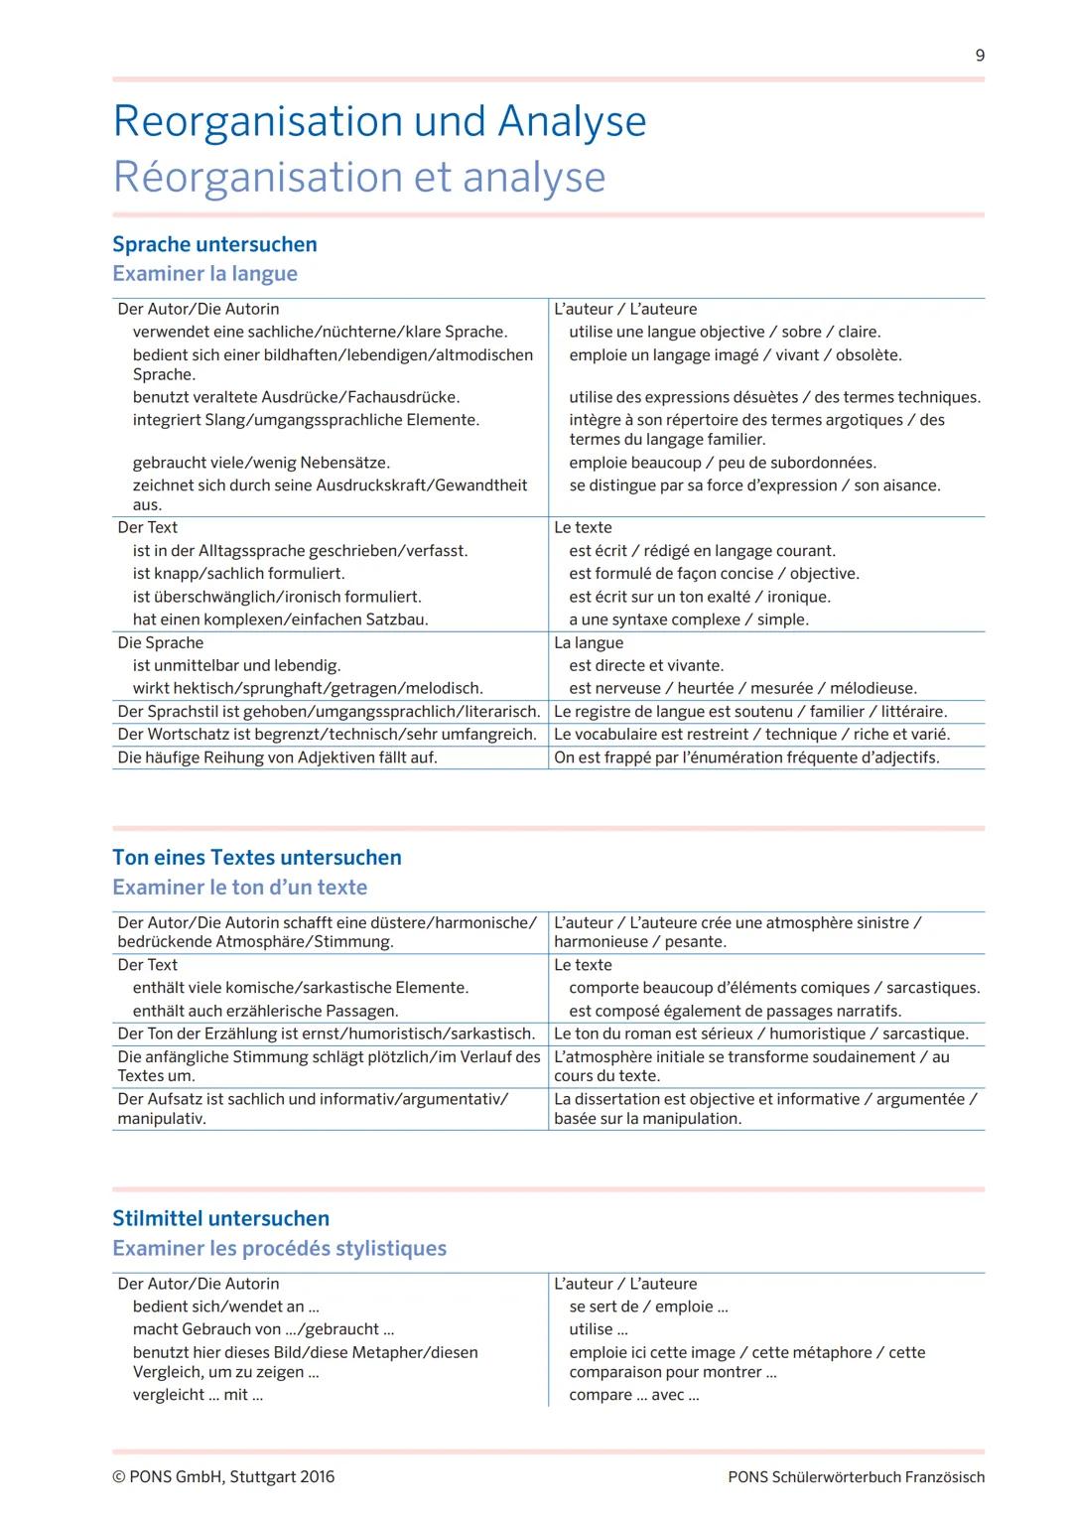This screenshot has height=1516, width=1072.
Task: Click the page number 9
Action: coord(980,56)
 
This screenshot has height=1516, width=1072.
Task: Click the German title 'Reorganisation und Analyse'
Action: coord(379,121)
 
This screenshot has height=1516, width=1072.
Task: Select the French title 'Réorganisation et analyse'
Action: coord(358,177)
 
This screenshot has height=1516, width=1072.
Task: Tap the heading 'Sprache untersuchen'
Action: coord(214,244)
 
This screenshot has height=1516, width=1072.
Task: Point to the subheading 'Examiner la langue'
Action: coord(204,273)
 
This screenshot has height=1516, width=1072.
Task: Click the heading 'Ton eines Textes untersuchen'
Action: coord(257,858)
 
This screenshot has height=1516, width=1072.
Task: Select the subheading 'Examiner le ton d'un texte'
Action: coord(239,888)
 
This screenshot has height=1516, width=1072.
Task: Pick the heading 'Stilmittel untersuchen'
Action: coord(220,1218)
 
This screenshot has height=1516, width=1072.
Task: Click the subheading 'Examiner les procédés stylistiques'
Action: coord(279,1248)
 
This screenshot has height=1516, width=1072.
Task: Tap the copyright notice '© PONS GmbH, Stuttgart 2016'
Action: coord(223,1476)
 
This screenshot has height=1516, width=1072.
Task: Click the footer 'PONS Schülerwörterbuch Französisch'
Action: coord(856,1477)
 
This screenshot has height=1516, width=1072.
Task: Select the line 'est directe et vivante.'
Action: coord(646,665)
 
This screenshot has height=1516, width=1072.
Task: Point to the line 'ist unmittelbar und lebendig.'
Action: coord(236,665)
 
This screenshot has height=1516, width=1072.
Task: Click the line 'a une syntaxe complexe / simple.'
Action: coord(688,620)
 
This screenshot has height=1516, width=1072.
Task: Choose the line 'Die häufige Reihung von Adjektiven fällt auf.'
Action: coord(277,758)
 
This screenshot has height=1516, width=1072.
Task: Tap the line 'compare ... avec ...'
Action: coord(633,1395)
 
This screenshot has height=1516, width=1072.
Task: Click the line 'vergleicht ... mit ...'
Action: coord(198,1395)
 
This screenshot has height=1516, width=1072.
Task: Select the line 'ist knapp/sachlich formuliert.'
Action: coord(238,574)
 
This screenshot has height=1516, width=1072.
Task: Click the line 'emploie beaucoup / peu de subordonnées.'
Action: coord(722,463)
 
